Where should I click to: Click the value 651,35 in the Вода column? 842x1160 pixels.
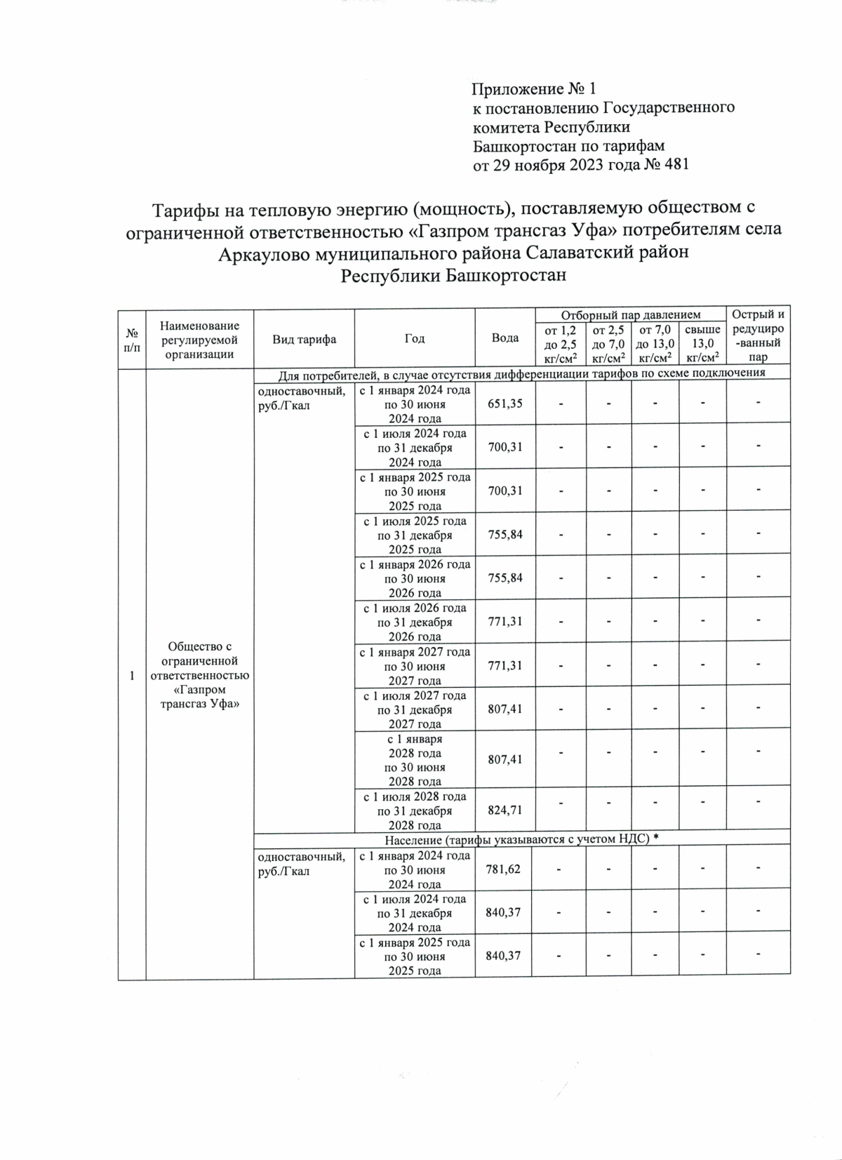pos(504,404)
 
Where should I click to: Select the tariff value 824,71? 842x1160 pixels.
pos(504,811)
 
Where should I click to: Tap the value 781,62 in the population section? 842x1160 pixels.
pos(503,869)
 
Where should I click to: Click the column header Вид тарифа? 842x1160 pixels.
pos(304,339)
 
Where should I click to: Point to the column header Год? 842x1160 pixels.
pos(415,339)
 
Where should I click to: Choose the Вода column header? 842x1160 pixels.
pos(504,338)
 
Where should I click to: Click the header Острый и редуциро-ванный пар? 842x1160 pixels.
pos(758,335)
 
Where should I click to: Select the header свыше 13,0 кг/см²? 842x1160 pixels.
pos(702,343)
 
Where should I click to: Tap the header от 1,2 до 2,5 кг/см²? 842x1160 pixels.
pos(560,343)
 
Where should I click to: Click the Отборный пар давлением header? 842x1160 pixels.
pos(630,315)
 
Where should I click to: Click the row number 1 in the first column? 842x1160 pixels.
pos(131,676)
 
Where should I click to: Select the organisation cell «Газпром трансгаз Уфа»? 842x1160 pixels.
pos(199,676)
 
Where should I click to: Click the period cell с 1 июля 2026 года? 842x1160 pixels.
pos(415,622)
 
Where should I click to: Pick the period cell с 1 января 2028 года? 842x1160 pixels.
pos(415,760)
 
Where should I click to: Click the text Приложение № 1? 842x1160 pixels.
pos(534,89)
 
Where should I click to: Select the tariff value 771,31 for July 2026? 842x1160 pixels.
pos(504,622)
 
